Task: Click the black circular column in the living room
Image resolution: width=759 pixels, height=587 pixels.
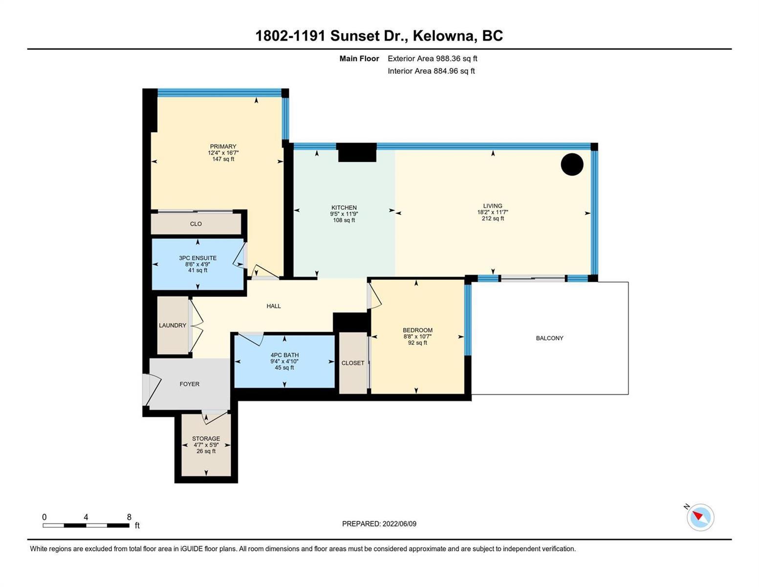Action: point(572,164)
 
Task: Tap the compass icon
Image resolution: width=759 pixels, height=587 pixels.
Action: point(700,517)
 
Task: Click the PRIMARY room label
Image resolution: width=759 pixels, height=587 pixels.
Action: point(223,146)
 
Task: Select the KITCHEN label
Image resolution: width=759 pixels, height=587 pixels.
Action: point(344,207)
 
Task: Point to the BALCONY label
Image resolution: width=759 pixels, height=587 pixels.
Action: point(549,338)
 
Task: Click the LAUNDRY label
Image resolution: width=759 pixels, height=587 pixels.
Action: point(173,325)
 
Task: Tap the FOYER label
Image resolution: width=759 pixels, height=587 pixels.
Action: point(189,384)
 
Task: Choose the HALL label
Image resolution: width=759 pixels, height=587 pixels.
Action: point(274,306)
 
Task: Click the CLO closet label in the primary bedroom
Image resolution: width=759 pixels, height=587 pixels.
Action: point(195,224)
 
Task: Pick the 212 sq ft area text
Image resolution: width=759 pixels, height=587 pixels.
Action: point(493,219)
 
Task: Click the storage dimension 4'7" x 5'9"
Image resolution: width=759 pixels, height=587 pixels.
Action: point(206,445)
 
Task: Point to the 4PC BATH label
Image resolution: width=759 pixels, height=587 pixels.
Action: point(284,355)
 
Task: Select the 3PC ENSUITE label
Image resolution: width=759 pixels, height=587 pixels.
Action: point(198,258)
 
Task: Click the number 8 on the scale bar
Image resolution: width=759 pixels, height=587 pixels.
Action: point(129,517)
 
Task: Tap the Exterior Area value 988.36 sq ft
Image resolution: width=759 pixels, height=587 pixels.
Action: point(456,58)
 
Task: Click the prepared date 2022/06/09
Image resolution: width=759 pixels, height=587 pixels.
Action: point(399,524)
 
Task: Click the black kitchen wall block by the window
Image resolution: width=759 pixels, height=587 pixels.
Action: point(357,152)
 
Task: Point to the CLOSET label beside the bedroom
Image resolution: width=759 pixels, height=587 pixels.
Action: point(353,363)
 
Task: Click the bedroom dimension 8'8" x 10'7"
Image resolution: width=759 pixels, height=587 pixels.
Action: point(417,337)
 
